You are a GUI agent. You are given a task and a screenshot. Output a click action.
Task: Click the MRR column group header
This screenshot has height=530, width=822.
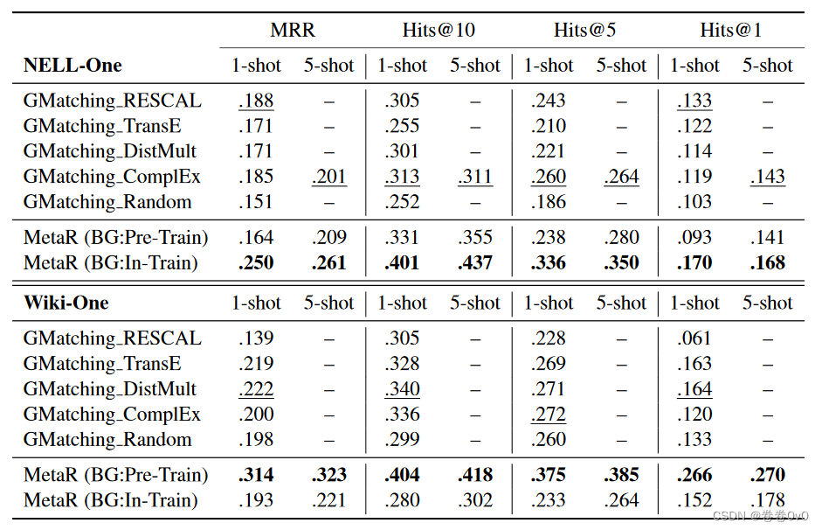coord(292,30)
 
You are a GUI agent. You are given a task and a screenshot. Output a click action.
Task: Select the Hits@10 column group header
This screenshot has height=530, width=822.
coord(439,30)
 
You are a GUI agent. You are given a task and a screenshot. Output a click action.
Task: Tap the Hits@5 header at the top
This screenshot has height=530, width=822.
coord(584,30)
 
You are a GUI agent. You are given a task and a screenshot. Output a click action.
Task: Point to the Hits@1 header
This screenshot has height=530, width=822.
coord(730,30)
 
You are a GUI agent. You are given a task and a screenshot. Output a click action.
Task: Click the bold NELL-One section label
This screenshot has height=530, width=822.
coord(73,66)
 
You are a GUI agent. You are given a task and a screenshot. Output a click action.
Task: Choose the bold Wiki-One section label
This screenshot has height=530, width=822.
coord(66,303)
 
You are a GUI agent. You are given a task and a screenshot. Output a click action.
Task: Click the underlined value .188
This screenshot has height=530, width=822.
coord(256,101)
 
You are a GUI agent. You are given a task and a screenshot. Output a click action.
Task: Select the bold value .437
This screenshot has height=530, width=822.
coord(475,262)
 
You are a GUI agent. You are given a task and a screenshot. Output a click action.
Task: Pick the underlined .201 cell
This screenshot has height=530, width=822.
coord(329,177)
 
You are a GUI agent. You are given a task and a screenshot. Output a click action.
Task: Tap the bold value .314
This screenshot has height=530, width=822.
coord(256,475)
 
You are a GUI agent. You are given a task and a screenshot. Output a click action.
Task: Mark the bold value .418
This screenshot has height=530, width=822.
coord(475,475)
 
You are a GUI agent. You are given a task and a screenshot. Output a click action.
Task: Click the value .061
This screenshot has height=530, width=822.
coord(694,338)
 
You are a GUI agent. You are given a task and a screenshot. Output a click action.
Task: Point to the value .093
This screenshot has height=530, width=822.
coord(694,237)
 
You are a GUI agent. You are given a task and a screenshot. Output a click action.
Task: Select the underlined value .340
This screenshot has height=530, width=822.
coord(402,389)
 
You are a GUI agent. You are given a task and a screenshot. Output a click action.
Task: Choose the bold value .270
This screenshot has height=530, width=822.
coord(768,475)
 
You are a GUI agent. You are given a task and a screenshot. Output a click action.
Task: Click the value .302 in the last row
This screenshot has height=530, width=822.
coord(475,500)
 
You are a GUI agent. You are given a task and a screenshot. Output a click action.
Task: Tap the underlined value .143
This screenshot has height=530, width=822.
coord(768,177)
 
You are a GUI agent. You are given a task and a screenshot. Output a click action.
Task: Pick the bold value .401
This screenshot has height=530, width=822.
coord(402,262)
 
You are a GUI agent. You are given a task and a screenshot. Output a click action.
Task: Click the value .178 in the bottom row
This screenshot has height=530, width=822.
coord(768,500)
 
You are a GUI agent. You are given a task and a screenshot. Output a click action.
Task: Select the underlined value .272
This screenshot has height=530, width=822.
coord(549,415)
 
